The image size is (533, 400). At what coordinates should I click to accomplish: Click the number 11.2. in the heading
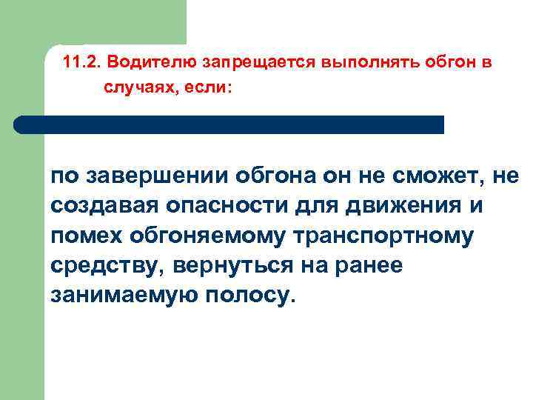86,63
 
